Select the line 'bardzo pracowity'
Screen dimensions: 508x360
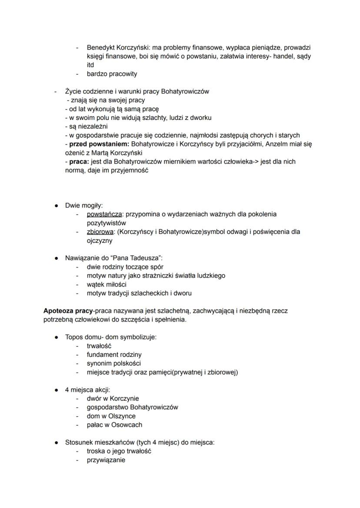112,74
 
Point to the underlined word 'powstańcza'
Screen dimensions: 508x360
104,214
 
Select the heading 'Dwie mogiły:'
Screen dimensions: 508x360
84,206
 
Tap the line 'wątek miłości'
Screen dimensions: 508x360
107,285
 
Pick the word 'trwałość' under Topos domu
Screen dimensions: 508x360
99,346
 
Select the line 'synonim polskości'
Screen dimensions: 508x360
113,364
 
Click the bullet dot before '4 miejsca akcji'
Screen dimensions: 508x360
57,390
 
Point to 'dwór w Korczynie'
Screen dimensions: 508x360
113,398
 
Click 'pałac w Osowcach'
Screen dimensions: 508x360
114,425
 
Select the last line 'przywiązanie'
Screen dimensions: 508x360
106,460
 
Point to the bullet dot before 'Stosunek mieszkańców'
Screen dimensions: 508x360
57,443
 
